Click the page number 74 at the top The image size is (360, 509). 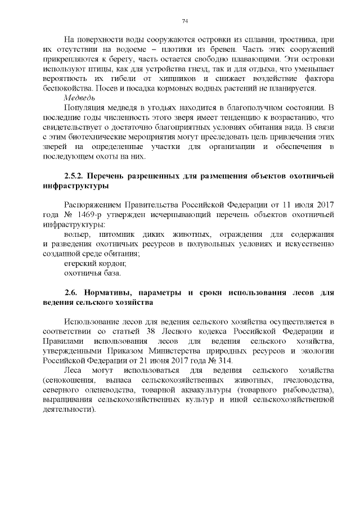coord(184,21)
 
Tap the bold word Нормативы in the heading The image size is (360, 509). coord(110,292)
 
